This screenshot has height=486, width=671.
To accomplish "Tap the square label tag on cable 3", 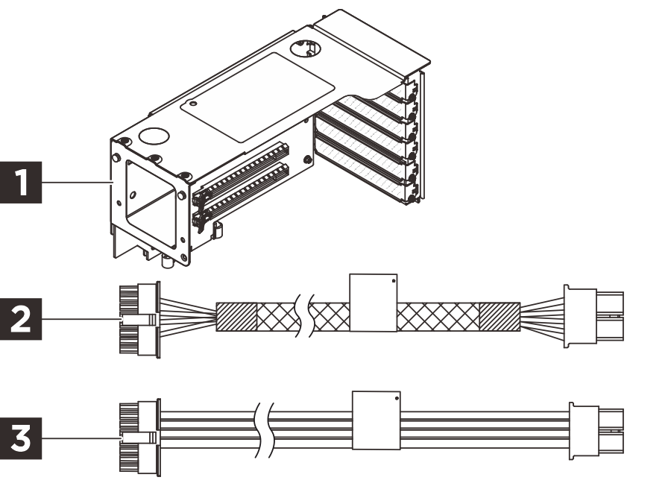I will [377, 420].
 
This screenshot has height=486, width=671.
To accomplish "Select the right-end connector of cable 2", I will [593, 315].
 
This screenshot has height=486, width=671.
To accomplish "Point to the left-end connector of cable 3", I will [139, 435].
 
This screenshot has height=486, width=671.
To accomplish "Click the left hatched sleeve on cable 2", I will [236, 318].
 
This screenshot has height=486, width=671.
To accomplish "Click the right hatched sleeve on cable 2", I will [499, 318].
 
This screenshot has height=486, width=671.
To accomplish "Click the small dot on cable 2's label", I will [393, 282].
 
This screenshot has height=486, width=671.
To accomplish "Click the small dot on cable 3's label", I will [396, 398].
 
